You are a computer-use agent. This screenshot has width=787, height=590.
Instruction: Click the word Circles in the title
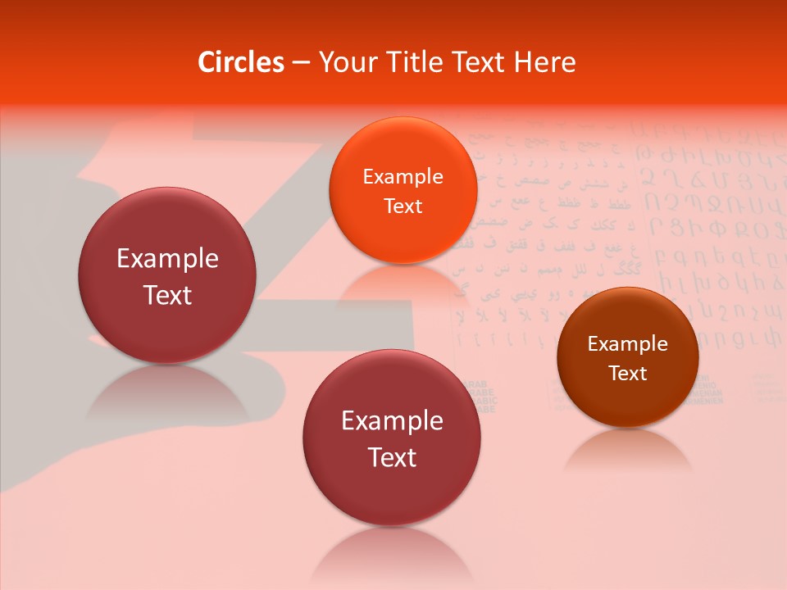coord(241,62)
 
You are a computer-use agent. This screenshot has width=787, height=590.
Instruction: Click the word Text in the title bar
coord(479,62)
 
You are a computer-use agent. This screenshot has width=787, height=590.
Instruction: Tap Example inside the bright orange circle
coord(403,176)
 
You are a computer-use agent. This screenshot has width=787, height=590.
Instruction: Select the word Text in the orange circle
coord(403,206)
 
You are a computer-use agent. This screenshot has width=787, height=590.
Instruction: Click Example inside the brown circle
coord(627,343)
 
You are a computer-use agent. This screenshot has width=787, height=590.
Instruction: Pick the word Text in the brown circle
coord(627,373)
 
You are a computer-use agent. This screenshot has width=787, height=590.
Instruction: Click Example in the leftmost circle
coord(167,258)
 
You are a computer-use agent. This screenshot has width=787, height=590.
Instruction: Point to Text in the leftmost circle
coord(167,295)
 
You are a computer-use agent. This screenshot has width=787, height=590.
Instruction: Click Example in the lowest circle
coord(392,420)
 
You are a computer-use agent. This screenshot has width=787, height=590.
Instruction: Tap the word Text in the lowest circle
coord(392,457)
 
